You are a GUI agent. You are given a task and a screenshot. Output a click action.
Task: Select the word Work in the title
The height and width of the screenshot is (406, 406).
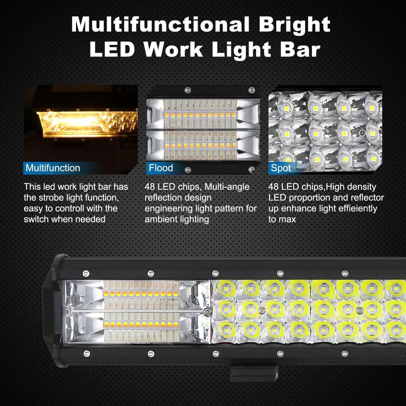(x=174, y=49)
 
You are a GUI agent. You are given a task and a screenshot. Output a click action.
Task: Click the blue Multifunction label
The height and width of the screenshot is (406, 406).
(x=53, y=168)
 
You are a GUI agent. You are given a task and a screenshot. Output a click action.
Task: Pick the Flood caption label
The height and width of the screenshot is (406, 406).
(x=161, y=168)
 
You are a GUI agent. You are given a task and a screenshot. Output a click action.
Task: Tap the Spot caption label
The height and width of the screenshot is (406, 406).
(x=280, y=168)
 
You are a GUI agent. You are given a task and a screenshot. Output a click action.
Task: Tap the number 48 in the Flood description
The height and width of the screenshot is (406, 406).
(x=150, y=187)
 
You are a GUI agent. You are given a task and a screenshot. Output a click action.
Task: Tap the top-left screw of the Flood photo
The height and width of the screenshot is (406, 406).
(x=186, y=90)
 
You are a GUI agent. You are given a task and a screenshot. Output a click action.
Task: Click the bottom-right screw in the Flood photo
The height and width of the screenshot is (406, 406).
(x=251, y=169)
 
